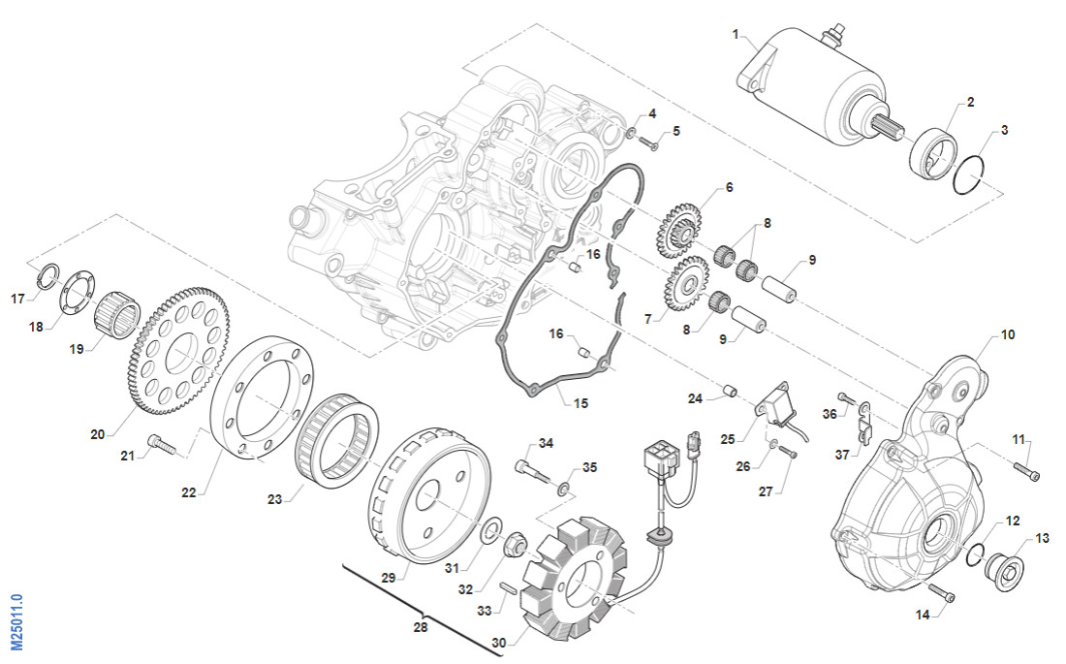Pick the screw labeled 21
point(160,445)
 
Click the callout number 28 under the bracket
point(420,627)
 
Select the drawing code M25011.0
point(16,621)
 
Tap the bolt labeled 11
point(1028,471)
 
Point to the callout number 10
point(1008,334)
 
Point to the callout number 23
point(275,500)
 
